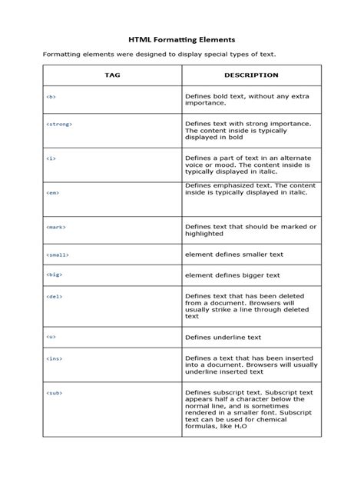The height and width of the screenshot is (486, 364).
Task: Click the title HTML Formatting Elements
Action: pyautogui.click(x=181, y=38)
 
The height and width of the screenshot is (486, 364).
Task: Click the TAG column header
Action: pyautogui.click(x=112, y=75)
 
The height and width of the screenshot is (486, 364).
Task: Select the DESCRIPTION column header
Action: pyautogui.click(x=251, y=75)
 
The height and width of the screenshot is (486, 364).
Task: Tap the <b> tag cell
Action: pyautogui.click(x=51, y=98)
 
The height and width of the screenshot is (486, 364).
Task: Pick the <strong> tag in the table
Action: pyautogui.click(x=58, y=123)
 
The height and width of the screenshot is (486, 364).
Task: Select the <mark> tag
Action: pyautogui.click(x=55, y=228)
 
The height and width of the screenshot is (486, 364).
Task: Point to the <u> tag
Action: pyautogui.click(x=51, y=337)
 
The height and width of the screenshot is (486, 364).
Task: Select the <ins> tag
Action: pyautogui.click(x=54, y=358)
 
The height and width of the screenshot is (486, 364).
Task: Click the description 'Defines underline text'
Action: pyautogui.click(x=223, y=337)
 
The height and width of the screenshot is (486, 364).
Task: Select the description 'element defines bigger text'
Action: pyautogui.click(x=232, y=275)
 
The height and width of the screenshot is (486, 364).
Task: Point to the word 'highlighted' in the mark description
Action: pyautogui.click(x=204, y=234)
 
